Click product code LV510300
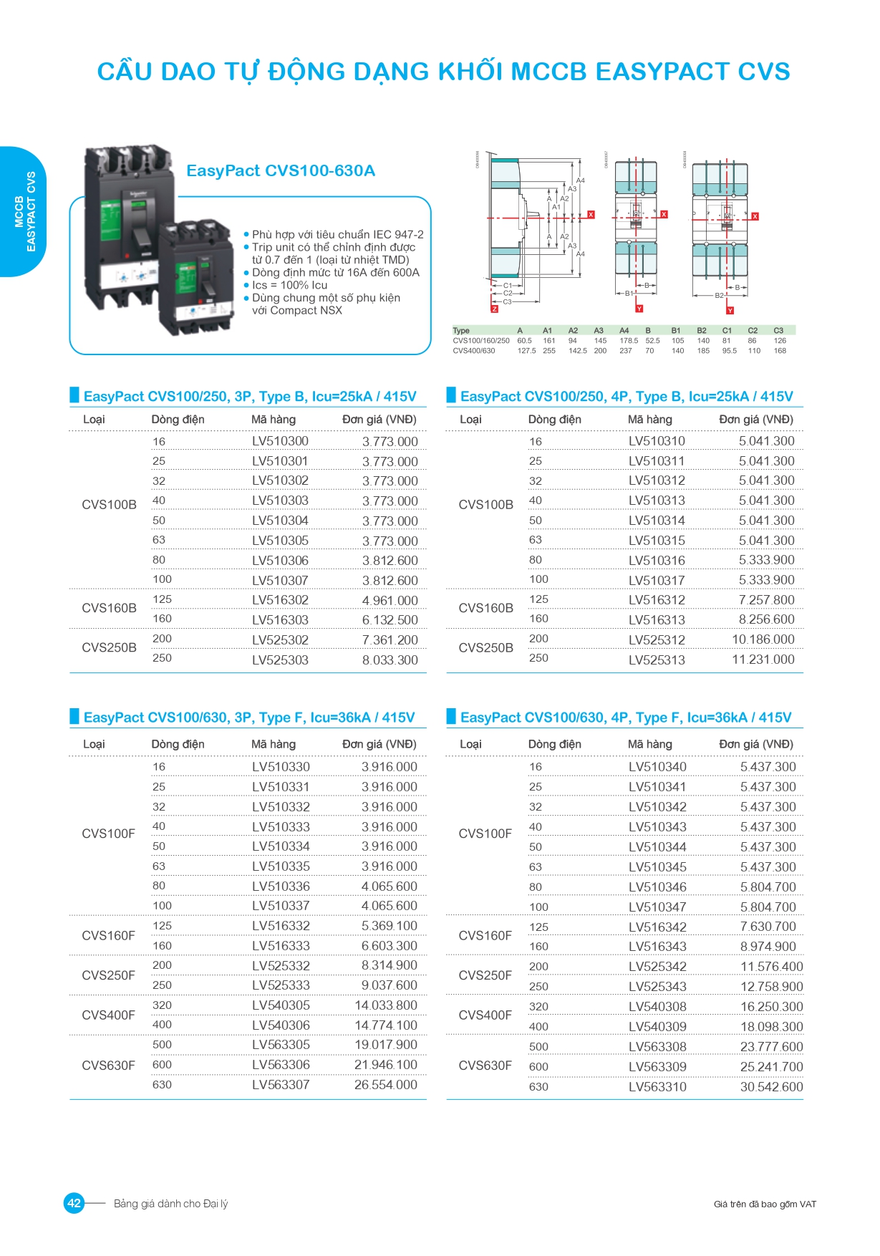coord(280,441)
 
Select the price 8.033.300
coord(390,660)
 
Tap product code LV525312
coord(657,639)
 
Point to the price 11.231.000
coord(763,659)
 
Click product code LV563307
coord(281,1084)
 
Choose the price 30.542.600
coord(771,1086)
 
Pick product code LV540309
coord(657,1026)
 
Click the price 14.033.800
coord(385,1005)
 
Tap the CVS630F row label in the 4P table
coord(485,1065)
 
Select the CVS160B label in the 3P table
coord(109,608)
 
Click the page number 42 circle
coord(74,1203)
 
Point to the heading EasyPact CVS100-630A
coord(281,170)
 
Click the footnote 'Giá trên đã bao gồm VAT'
coord(765,1204)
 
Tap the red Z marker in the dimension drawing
coord(494,309)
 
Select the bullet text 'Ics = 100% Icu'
coord(289,285)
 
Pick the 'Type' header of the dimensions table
coord(461,330)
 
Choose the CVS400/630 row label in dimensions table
coord(473,351)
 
